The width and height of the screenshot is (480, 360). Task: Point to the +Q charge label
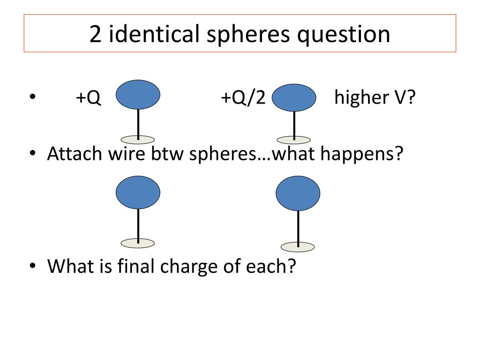[89, 99]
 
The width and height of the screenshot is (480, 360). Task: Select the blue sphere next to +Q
[138, 95]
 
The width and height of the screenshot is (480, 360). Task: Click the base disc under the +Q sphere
[138, 139]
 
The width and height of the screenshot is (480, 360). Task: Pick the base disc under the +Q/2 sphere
[294, 140]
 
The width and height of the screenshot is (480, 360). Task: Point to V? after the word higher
[405, 99]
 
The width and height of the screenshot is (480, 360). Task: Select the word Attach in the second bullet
[73, 154]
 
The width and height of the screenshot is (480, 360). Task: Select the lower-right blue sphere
[298, 195]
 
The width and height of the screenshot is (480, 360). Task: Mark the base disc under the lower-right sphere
[298, 247]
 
